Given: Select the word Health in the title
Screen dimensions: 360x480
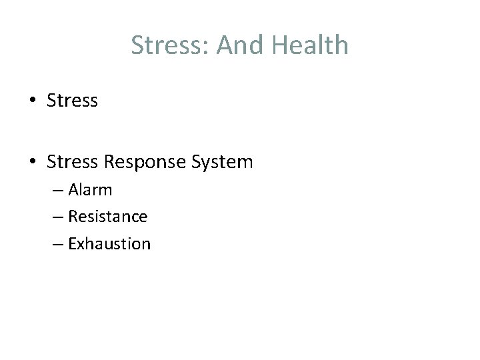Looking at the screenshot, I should click(x=310, y=45).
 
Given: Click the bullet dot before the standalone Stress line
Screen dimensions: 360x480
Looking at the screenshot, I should click(x=32, y=101).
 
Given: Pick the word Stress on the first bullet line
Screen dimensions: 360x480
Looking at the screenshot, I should click(x=72, y=101).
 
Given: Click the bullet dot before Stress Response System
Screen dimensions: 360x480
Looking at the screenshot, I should click(x=32, y=162).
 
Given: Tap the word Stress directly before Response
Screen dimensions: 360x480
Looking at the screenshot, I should click(x=72, y=161).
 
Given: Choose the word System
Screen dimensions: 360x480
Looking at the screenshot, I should click(x=222, y=162).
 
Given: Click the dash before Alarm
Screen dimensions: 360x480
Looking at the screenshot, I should click(x=57, y=191).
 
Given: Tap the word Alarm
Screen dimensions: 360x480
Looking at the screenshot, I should click(x=90, y=190).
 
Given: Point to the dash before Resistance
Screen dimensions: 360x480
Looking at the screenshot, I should click(x=57, y=217).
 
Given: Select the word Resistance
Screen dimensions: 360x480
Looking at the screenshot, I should click(x=108, y=217).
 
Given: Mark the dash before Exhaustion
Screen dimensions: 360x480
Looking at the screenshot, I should click(x=57, y=245).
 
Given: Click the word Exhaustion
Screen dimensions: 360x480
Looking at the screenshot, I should click(x=109, y=244).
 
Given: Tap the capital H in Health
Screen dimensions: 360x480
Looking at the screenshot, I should click(x=279, y=45).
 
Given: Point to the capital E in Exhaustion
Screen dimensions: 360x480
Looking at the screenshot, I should click(x=72, y=244).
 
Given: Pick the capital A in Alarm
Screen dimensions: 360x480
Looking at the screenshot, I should click(x=73, y=190).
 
